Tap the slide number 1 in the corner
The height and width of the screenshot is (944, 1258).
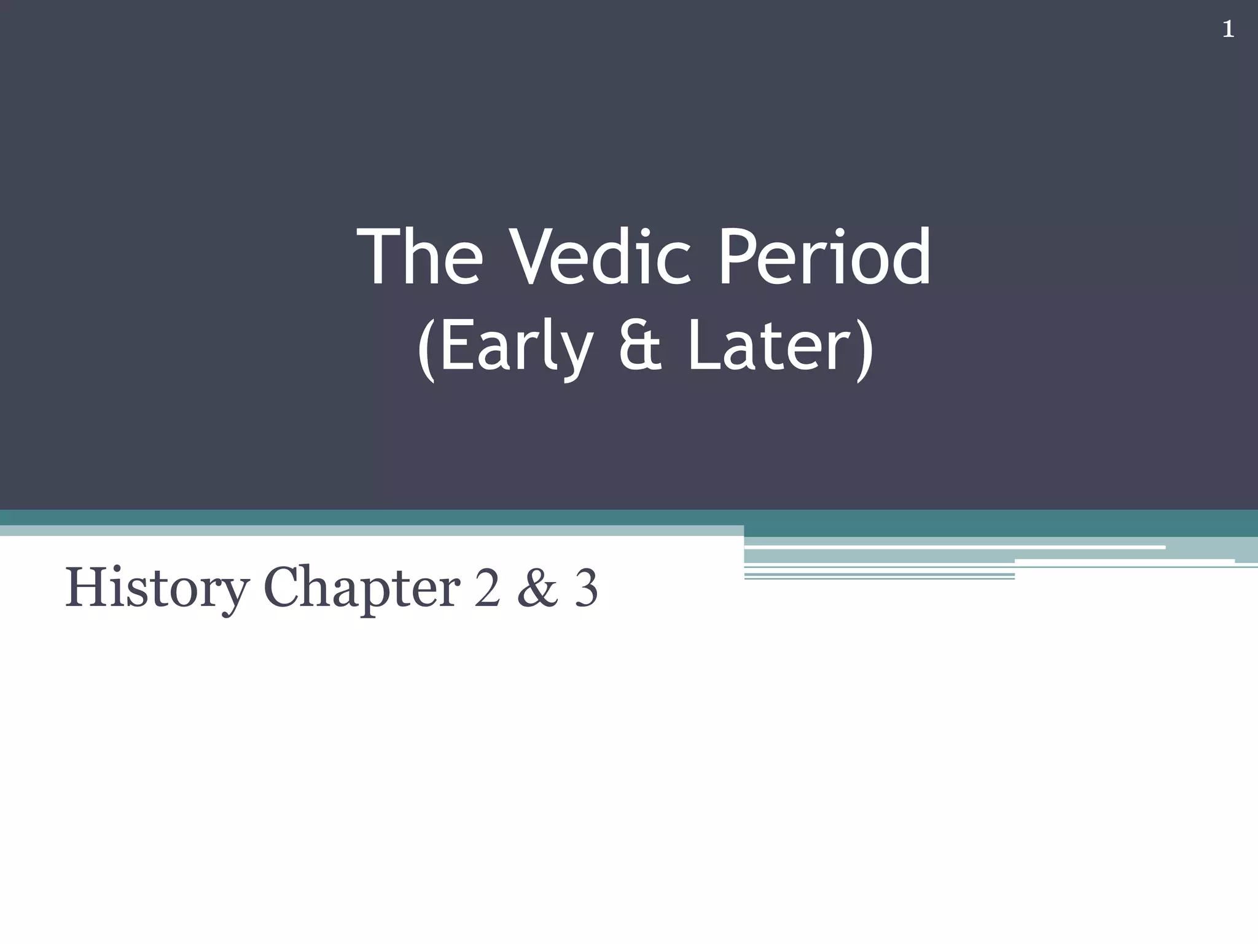click(1228, 29)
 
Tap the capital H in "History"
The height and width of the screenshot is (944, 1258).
click(86, 588)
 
